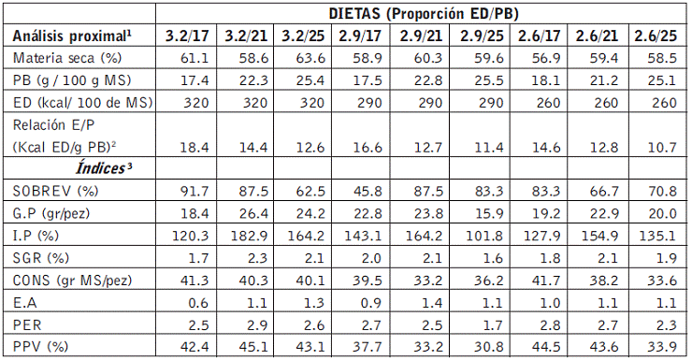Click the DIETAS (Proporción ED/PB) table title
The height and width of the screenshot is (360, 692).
424,13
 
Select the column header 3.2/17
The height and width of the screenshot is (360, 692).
187,36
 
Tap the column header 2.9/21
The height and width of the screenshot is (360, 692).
421,36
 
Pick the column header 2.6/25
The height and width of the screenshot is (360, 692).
656,36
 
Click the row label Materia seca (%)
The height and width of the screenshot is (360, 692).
67,58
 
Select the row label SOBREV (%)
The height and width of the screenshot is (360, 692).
55,191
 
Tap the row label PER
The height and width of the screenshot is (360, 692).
27,325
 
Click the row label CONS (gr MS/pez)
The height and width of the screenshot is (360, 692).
72,281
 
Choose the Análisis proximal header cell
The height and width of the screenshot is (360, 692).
72,36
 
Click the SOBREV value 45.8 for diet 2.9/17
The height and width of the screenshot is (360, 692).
368,191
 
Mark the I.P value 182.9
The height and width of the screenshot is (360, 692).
250,236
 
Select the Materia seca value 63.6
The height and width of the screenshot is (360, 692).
310,58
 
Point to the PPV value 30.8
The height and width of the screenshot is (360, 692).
488,347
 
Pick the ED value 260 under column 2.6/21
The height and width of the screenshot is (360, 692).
606,103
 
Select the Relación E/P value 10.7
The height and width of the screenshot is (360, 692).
662,147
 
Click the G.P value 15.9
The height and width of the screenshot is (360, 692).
488,213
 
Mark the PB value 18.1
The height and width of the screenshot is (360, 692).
546,80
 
